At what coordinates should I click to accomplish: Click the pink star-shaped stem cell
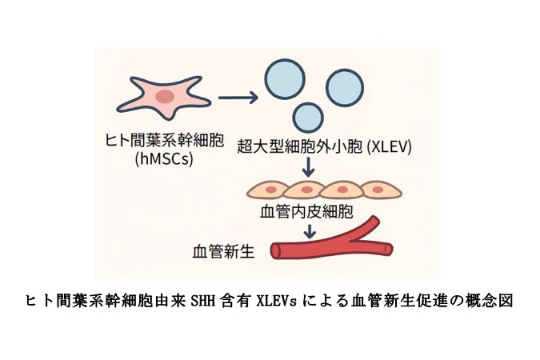[x=164, y=98]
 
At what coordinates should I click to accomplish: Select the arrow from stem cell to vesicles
[x=237, y=98]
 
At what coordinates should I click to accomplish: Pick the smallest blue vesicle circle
[x=308, y=117]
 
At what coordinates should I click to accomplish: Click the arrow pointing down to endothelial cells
[x=309, y=168]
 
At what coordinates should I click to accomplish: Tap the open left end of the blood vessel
[x=275, y=251]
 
